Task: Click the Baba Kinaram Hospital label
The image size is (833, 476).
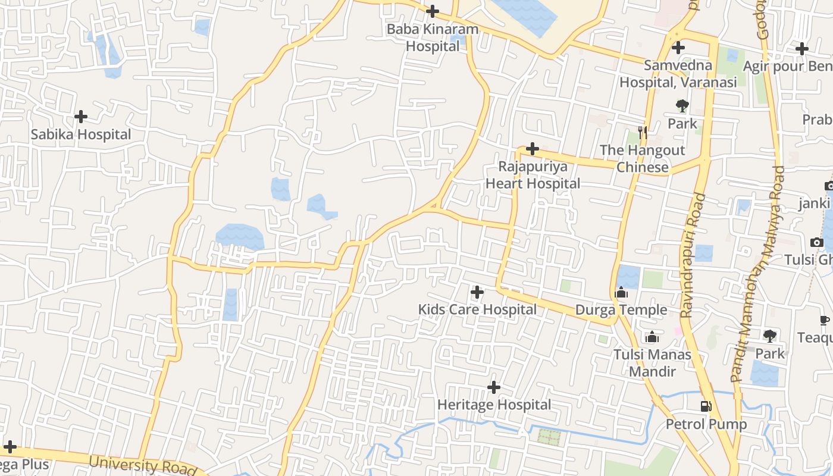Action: click(x=433, y=37)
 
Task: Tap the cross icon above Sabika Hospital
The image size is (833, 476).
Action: click(x=81, y=117)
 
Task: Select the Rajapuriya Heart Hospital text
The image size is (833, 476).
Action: click(x=533, y=175)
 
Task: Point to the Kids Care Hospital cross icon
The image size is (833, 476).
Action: click(x=477, y=292)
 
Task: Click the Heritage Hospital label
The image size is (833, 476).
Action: click(x=494, y=405)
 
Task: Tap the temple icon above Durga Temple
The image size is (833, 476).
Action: click(x=621, y=292)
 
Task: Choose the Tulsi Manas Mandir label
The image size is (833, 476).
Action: click(x=653, y=363)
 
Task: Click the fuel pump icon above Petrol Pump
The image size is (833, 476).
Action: click(x=706, y=406)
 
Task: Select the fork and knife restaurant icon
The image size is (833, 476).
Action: click(x=642, y=132)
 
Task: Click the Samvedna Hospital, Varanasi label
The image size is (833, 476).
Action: click(x=678, y=74)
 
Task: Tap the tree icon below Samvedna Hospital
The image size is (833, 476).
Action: click(x=682, y=107)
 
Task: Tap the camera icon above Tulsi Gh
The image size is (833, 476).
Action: click(x=817, y=242)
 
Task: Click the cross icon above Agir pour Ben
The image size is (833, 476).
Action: click(x=802, y=49)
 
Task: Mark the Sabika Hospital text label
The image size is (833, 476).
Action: click(x=81, y=135)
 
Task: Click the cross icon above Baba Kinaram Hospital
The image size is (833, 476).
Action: click(x=433, y=11)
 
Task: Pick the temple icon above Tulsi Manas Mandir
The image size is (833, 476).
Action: click(x=652, y=337)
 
